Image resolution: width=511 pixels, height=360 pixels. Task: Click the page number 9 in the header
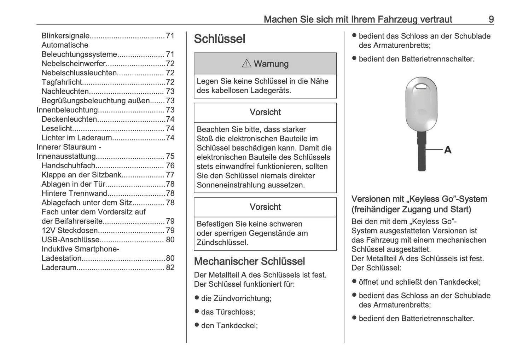(x=491, y=19)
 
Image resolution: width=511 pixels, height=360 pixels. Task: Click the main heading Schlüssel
(x=219, y=39)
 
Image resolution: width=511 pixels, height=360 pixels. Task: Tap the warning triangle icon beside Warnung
(x=246, y=64)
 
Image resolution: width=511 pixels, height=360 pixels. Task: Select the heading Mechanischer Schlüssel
(x=249, y=261)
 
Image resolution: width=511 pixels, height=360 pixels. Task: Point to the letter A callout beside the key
(x=448, y=150)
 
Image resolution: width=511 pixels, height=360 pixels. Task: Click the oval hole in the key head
(x=421, y=87)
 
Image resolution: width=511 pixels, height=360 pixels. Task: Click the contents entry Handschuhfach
(x=69, y=166)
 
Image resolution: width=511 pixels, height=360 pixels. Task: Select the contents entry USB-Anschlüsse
(x=70, y=240)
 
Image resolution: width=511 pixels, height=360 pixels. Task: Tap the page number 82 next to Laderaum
(x=170, y=267)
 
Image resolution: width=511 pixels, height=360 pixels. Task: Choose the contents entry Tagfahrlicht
(x=62, y=82)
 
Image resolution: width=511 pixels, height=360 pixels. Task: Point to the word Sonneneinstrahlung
(x=230, y=185)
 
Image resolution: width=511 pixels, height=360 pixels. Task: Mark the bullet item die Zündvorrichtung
(x=236, y=298)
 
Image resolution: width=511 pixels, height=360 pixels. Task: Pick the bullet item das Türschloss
(x=228, y=312)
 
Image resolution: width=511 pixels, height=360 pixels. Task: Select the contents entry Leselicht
(x=57, y=128)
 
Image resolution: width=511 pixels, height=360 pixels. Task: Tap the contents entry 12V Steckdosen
(x=70, y=231)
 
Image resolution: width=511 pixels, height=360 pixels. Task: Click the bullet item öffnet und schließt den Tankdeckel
(x=419, y=282)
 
